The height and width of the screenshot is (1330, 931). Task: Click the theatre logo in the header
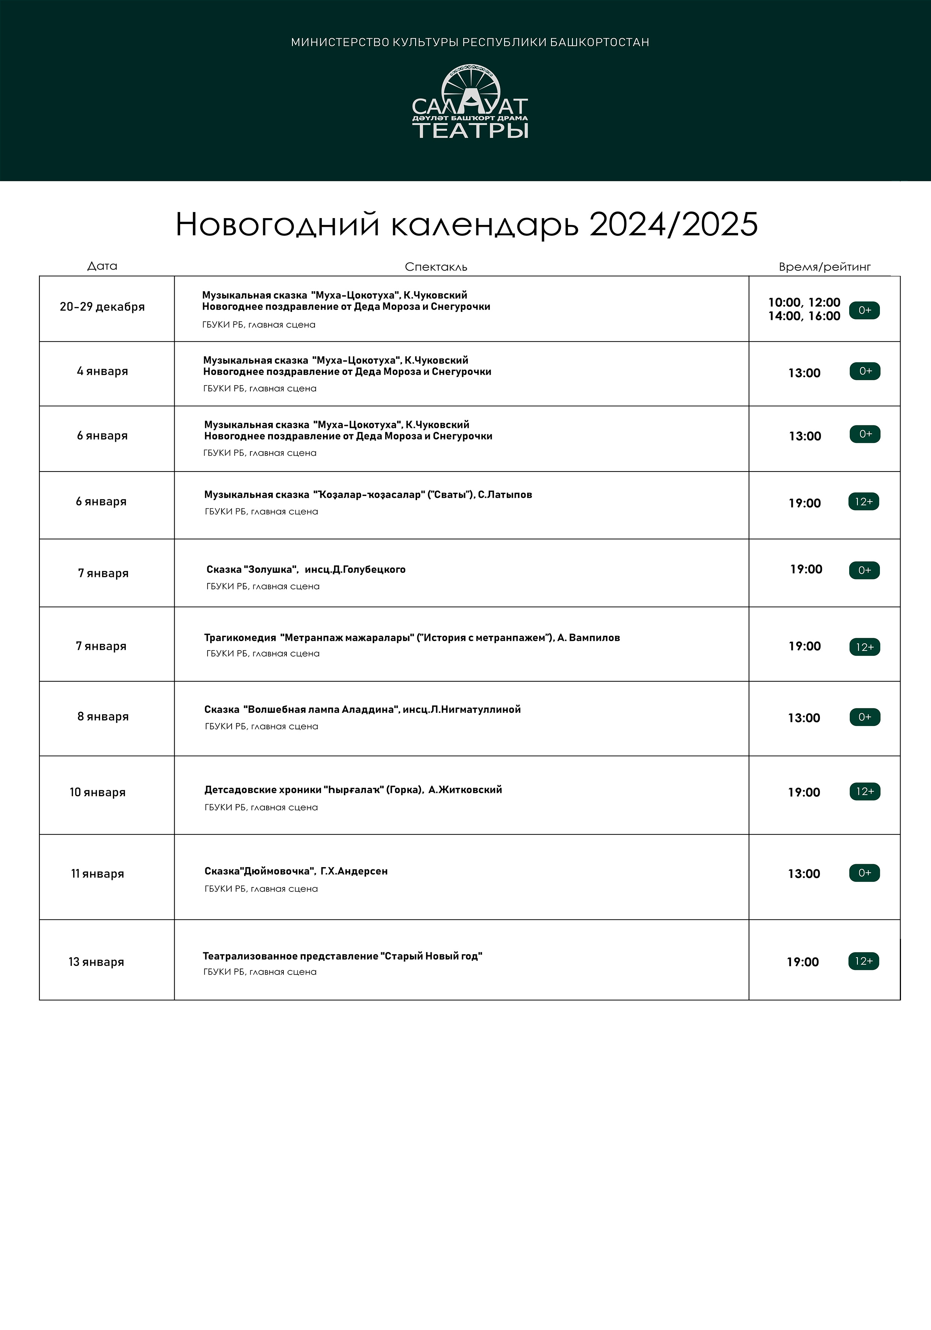point(470,102)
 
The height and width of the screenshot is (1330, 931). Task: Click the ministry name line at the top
point(470,42)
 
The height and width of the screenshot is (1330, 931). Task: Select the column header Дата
point(102,266)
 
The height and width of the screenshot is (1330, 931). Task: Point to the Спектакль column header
point(436,267)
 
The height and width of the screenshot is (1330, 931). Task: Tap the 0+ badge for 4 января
point(865,371)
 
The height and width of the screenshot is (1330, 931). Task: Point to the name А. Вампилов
point(589,638)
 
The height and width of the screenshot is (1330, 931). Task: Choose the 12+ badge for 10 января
point(865,791)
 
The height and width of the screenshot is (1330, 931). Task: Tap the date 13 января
point(96,962)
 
